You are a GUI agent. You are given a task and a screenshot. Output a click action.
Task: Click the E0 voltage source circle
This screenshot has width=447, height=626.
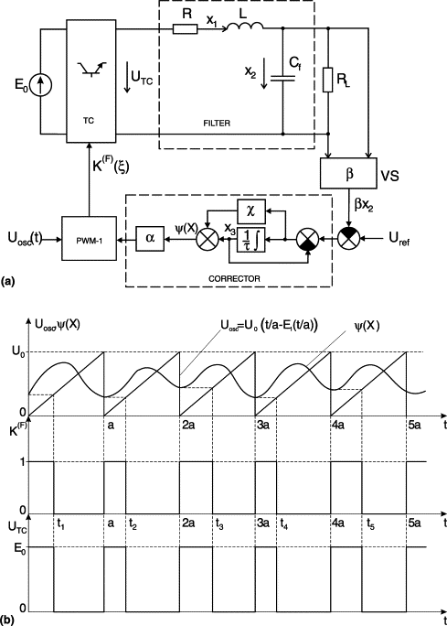point(40,85)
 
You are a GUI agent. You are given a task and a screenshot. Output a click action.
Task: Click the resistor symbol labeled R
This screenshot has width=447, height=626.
point(185,28)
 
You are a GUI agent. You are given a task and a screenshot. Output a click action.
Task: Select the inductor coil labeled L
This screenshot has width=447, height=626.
point(245,26)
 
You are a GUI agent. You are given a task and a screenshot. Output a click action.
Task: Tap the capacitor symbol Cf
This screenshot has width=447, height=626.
point(282,78)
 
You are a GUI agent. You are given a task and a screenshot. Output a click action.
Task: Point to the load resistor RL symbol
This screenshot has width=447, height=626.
point(328,80)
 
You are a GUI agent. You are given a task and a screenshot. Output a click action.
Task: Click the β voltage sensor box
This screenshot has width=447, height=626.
point(348,173)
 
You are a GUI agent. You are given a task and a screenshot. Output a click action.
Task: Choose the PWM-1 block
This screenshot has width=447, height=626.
point(90,238)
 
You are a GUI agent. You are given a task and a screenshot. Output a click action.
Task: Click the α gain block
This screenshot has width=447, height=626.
point(150,239)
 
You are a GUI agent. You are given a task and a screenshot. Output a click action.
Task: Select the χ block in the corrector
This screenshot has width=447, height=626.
point(251,211)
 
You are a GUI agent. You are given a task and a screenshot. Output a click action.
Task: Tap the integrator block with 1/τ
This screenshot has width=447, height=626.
point(251,240)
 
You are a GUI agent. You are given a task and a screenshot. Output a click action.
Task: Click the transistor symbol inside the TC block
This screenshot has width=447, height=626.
point(91,69)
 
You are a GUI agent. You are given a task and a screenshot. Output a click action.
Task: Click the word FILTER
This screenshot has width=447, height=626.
point(217,123)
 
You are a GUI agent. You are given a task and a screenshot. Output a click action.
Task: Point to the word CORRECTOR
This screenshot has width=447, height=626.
point(234,278)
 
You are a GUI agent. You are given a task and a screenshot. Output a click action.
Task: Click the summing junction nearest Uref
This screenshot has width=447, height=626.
point(349,239)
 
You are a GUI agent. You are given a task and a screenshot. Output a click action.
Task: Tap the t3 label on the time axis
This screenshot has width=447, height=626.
point(219,523)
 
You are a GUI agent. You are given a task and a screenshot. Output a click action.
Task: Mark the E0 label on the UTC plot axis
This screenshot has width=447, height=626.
point(20,547)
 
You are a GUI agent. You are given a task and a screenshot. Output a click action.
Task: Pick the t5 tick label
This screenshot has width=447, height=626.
point(371,523)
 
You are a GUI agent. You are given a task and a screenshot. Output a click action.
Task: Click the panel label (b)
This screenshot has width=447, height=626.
point(7,621)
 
